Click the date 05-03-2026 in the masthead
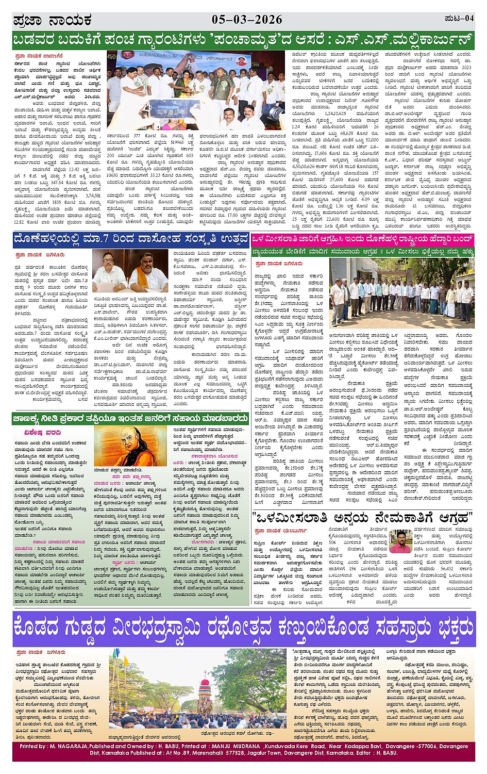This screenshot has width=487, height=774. click(247, 20)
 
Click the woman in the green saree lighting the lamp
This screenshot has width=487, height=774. click(182, 83)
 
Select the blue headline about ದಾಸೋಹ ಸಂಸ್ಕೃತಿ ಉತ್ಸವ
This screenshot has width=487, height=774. click(131, 239)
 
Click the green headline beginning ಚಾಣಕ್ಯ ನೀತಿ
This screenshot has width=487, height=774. click(131, 419)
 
